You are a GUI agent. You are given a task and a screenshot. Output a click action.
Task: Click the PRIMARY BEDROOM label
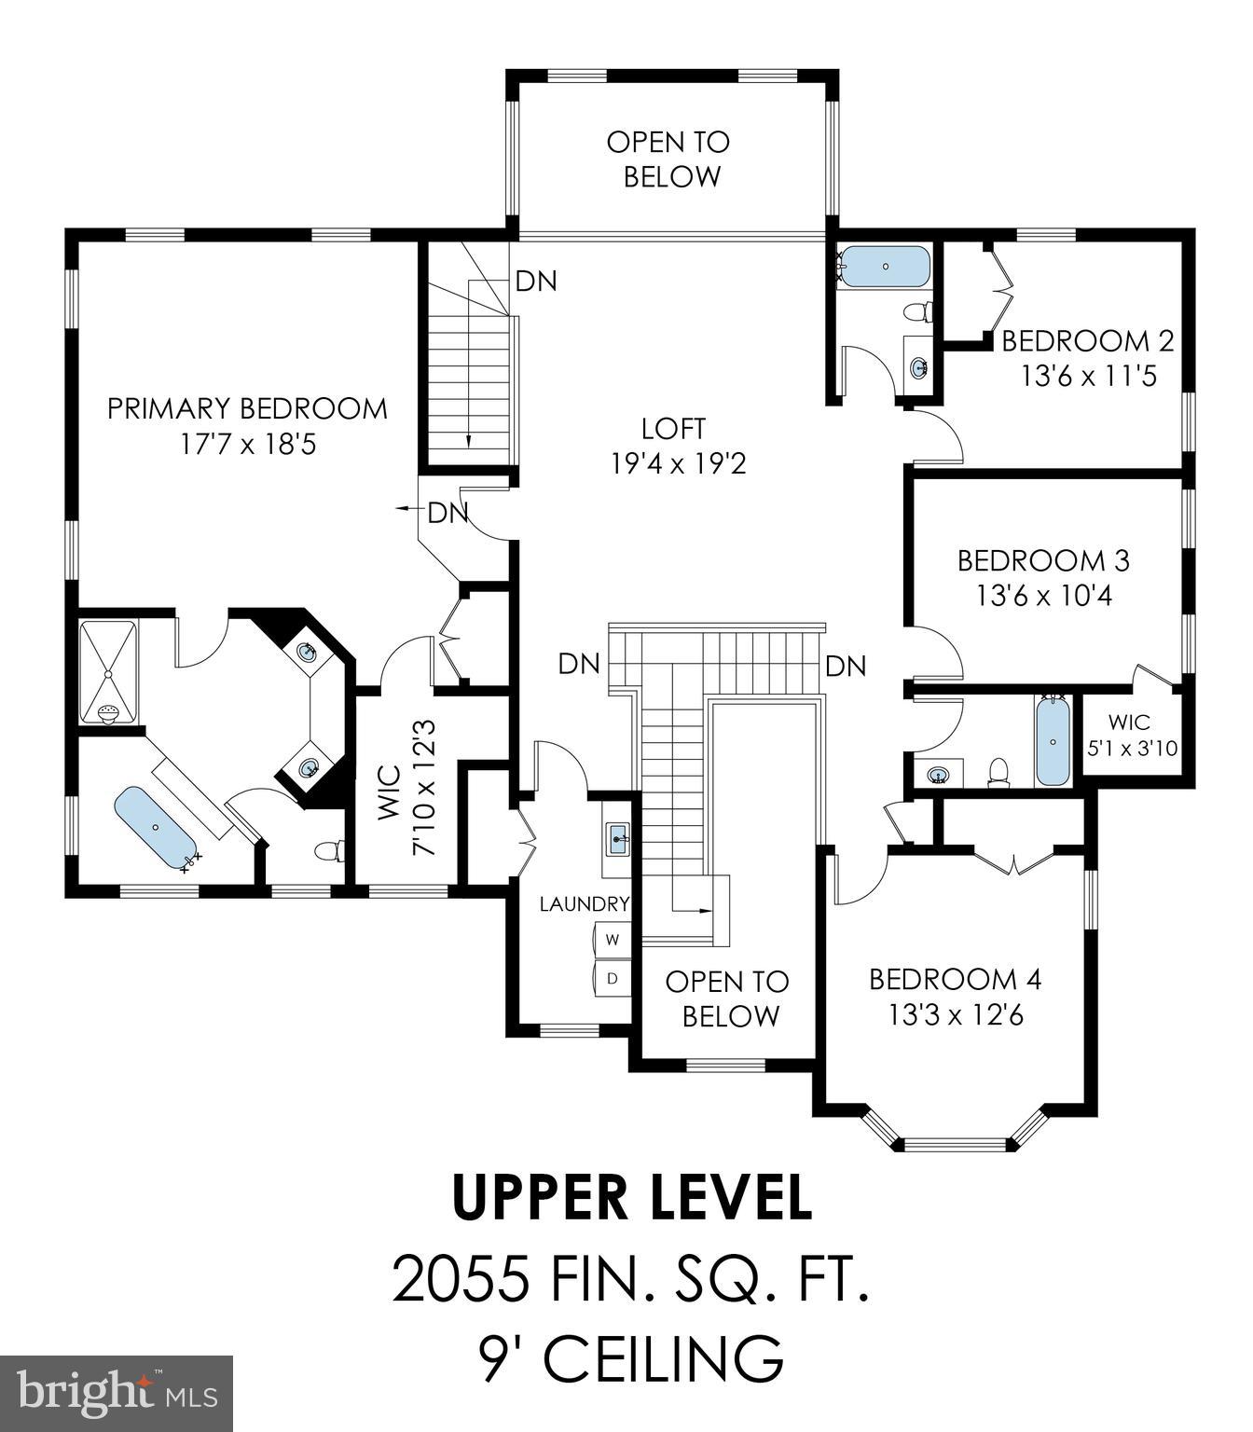pos(247,409)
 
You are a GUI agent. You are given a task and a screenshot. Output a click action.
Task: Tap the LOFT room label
pos(673,429)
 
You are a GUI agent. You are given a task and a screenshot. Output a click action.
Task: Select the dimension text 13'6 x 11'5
pos(1088,377)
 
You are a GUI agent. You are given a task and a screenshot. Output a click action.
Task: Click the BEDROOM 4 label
pos(955,979)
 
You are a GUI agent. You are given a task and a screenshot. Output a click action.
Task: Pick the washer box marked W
pos(613,940)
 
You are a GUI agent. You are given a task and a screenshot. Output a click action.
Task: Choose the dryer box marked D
pos(613,978)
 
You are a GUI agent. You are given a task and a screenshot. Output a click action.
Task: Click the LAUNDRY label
pos(585,903)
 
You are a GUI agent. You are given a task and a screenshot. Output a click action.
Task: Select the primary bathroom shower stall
pos(108,672)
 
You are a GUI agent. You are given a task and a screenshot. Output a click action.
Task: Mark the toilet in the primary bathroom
pos(329,850)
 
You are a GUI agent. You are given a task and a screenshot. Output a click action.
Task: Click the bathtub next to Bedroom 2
pos(885,267)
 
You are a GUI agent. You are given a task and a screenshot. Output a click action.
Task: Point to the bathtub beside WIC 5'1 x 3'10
pos(1053,742)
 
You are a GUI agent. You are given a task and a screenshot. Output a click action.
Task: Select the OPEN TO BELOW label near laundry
pos(727,998)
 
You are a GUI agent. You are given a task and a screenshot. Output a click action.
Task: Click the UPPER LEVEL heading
pos(631,1198)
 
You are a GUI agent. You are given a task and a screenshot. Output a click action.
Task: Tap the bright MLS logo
pos(117,1393)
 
